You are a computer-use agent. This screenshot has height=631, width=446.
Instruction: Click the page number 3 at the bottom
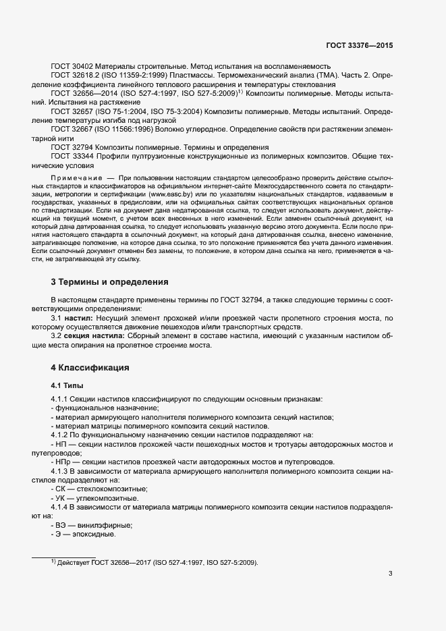coord(390,574)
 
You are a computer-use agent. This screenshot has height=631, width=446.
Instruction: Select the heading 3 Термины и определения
coord(109,281)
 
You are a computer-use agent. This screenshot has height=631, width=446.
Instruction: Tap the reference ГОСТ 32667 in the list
coord(74,129)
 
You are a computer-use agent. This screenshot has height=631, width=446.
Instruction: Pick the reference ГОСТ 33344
coord(74,156)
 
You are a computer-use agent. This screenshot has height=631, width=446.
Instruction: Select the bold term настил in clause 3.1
coord(80,317)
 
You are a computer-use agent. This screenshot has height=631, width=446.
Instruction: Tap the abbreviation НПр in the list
coord(61,462)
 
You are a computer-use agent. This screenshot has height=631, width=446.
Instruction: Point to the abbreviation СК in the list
coord(59,488)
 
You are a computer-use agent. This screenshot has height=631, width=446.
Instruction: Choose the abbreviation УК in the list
coord(59,497)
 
